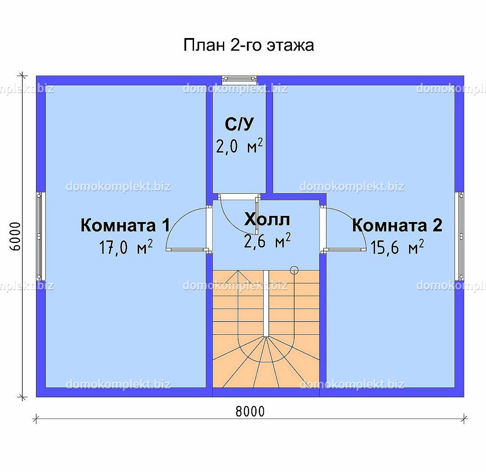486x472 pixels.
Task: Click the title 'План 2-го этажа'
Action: coord(249,45)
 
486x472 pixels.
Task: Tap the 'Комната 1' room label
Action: coord(125,225)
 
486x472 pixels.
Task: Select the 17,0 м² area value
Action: coord(126,247)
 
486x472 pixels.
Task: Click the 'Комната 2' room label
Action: coord(397,225)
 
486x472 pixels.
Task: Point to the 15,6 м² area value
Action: coord(397,247)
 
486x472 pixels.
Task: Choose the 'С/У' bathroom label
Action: coord(239,124)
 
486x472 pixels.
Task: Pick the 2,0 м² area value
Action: coord(239,146)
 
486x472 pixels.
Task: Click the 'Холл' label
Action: coord(267,219)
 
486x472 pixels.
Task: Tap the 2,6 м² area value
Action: coord(267,241)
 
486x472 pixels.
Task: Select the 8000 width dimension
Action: coord(250,412)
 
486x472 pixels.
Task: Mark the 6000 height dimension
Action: coord(15,236)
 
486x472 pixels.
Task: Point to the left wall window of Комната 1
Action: coord(39,236)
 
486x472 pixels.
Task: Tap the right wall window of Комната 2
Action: coord(461,236)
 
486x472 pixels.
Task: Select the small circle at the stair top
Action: coord(294,270)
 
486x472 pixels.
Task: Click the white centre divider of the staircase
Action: coord(266,303)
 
